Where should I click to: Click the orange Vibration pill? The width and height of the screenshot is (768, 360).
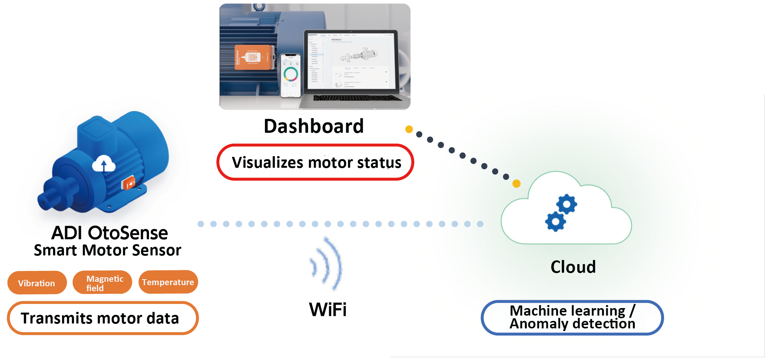pyautogui.click(x=36, y=283)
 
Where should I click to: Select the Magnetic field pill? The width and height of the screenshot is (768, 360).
pyautogui.click(x=102, y=283)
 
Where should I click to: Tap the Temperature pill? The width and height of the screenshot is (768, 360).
pyautogui.click(x=168, y=282)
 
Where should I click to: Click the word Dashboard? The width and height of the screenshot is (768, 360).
pyautogui.click(x=313, y=126)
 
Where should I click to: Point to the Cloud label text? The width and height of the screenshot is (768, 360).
pyautogui.click(x=573, y=267)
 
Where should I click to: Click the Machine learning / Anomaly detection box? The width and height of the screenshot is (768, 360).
pyautogui.click(x=572, y=317)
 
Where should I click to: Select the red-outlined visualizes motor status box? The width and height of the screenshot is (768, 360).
pyautogui.click(x=315, y=163)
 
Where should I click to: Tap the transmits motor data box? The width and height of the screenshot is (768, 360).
pyautogui.click(x=103, y=318)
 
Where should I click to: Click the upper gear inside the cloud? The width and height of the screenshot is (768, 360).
pyautogui.click(x=567, y=204)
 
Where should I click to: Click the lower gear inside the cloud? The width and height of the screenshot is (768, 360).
pyautogui.click(x=555, y=221)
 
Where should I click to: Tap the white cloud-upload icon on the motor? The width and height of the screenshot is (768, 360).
pyautogui.click(x=104, y=164)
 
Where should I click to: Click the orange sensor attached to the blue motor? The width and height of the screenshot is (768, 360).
pyautogui.click(x=128, y=183)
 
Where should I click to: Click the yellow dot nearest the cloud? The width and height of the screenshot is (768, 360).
pyautogui.click(x=517, y=184)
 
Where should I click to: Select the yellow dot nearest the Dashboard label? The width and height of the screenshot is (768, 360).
pyautogui.click(x=409, y=129)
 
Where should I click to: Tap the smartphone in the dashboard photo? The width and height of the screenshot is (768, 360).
pyautogui.click(x=291, y=75)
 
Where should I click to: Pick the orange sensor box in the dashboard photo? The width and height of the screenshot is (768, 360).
pyautogui.click(x=252, y=58)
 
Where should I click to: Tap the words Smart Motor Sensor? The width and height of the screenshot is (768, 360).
pyautogui.click(x=108, y=251)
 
